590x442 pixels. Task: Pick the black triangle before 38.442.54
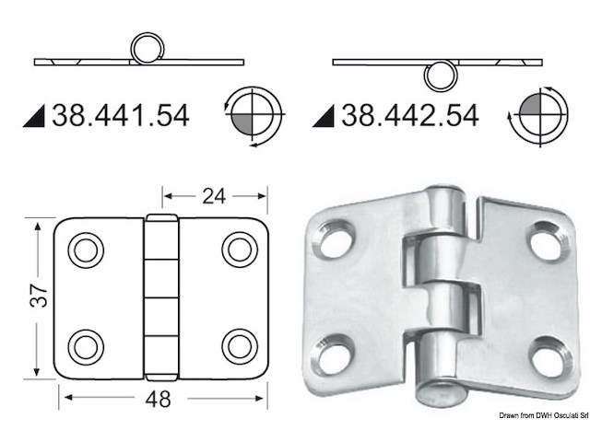324,116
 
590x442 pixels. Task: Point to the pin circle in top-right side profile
442,76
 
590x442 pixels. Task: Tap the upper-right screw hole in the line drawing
239,250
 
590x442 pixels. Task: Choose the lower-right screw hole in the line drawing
239,345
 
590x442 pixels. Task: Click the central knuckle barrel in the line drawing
162,297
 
